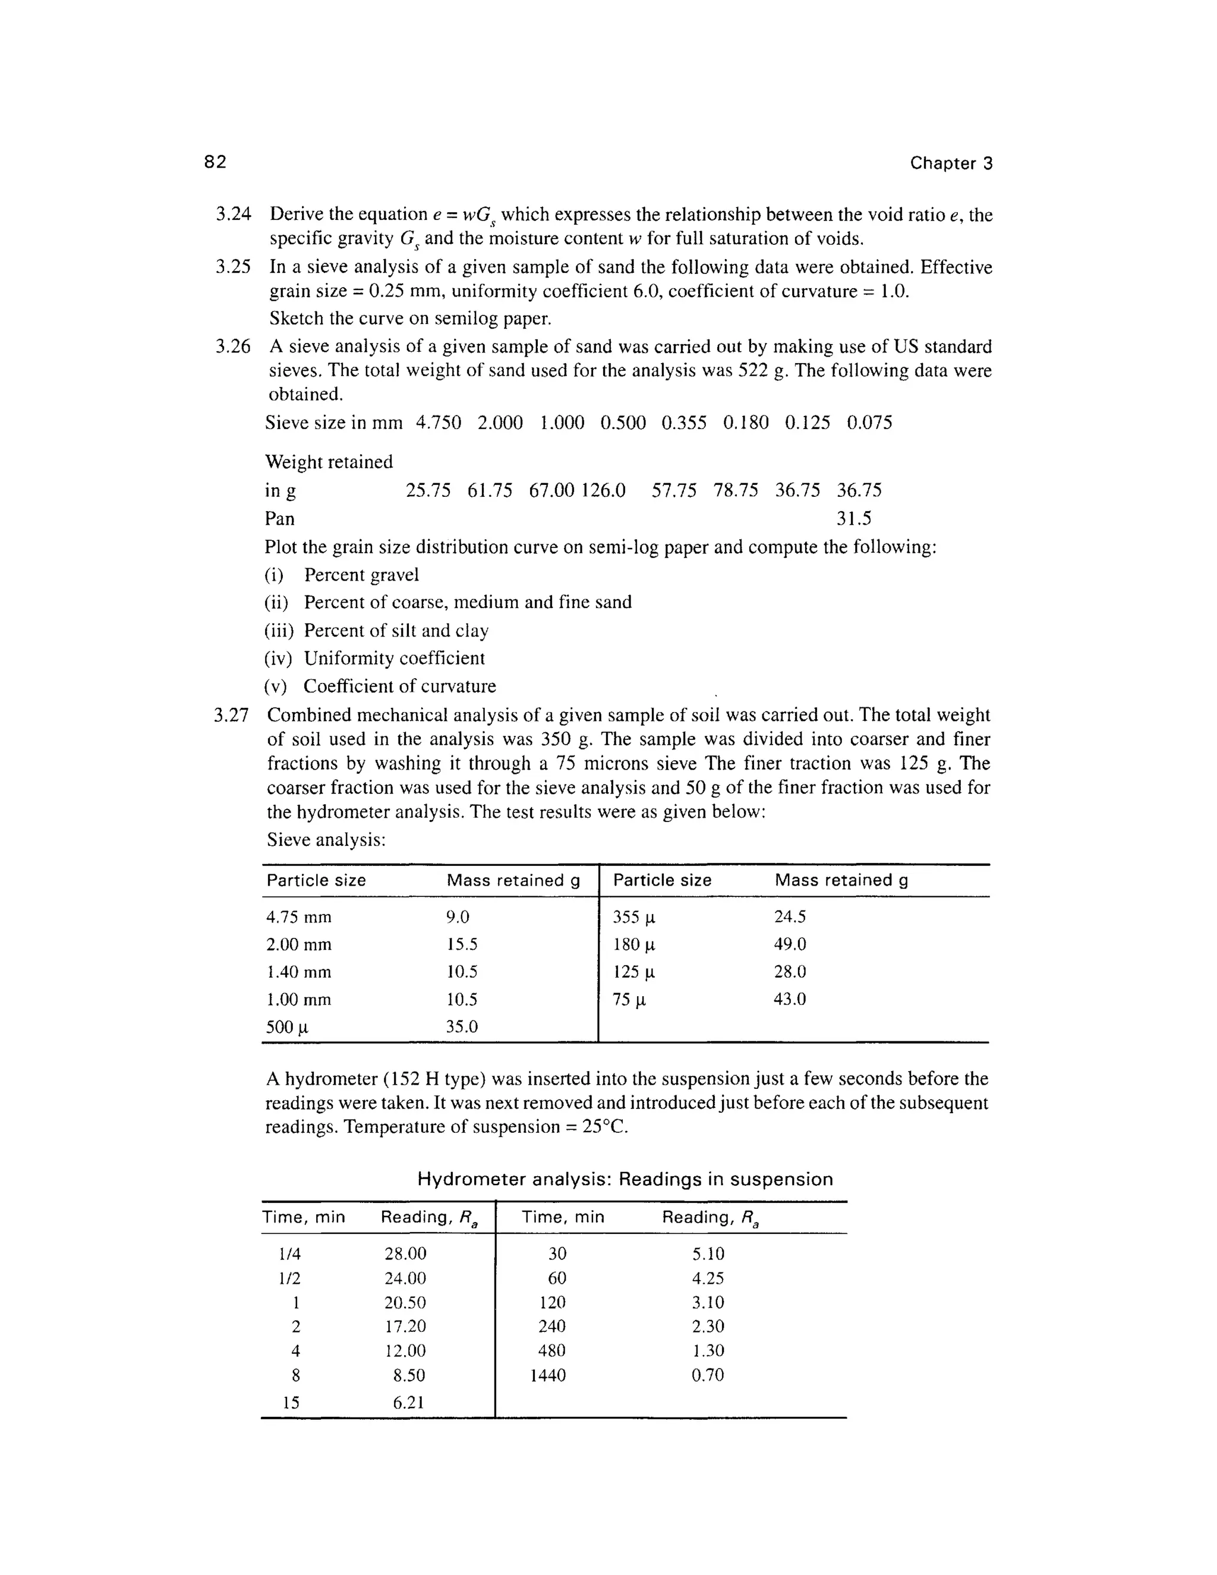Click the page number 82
point(215,162)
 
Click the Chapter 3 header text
point(950,163)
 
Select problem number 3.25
point(233,267)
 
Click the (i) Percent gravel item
point(341,575)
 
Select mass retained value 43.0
point(790,1000)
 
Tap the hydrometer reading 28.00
point(405,1254)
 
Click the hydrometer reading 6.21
point(408,1403)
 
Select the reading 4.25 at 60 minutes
point(707,1278)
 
